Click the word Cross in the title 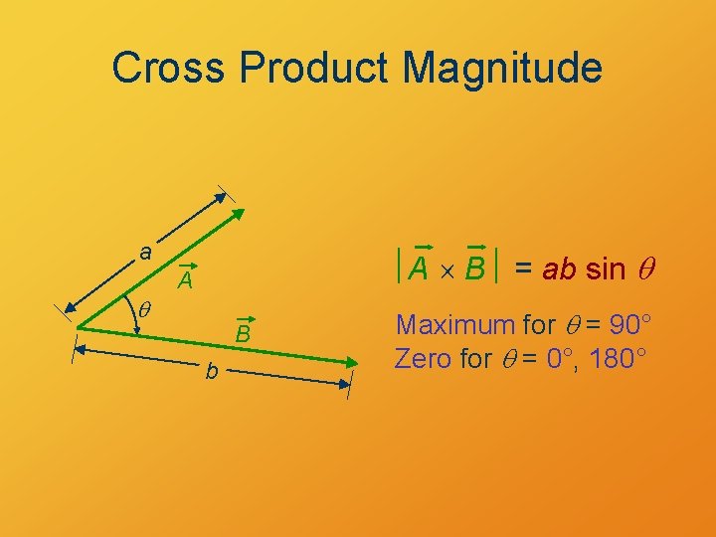[x=170, y=69]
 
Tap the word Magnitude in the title [x=503, y=69]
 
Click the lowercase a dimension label [x=145, y=253]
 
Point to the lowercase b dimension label [x=211, y=372]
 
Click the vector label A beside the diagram [x=185, y=282]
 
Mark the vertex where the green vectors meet [x=79, y=326]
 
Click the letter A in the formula [x=420, y=268]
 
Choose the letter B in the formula [x=474, y=268]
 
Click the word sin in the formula [x=606, y=268]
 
